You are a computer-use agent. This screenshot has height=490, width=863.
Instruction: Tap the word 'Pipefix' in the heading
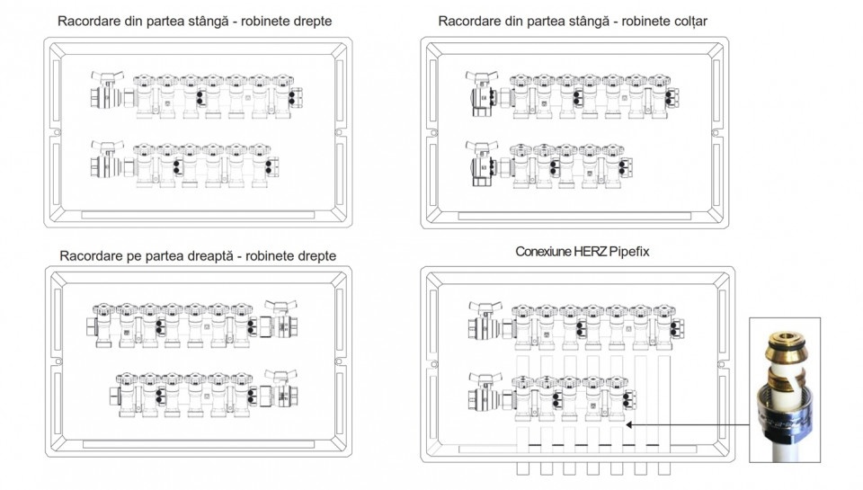pyautogui.click(x=629, y=252)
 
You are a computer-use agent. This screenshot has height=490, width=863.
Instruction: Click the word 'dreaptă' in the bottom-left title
pyautogui.click(x=210, y=256)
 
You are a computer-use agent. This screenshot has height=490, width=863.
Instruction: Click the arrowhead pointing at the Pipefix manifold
pyautogui.click(x=628, y=425)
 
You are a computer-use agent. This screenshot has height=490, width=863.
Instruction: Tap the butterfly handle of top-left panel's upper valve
pyautogui.click(x=107, y=76)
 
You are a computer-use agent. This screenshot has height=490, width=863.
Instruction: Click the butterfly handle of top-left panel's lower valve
pyautogui.click(x=107, y=147)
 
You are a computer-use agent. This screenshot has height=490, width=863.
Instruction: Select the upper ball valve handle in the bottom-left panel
pyautogui.click(x=280, y=306)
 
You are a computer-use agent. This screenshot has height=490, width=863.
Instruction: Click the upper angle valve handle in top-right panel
pyautogui.click(x=482, y=76)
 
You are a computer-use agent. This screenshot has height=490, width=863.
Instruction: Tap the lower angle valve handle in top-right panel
pyautogui.click(x=482, y=147)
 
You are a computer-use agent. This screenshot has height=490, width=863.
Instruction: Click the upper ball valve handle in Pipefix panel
pyautogui.click(x=485, y=307)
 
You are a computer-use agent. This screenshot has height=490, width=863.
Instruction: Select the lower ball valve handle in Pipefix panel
pyautogui.click(x=485, y=379)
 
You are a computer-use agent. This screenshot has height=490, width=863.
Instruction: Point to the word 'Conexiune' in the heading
pyautogui.click(x=543, y=252)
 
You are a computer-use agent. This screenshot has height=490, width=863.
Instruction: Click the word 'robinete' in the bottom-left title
pyautogui.click(x=269, y=256)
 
